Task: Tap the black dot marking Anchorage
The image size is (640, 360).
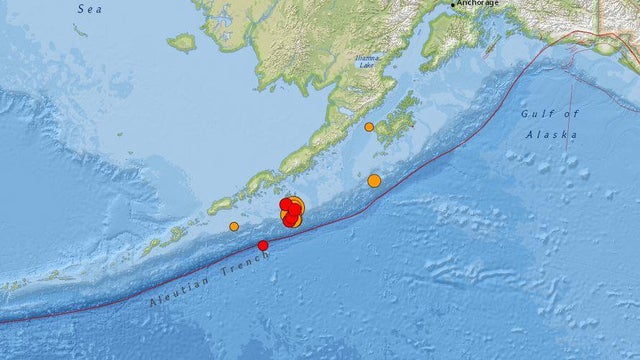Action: pyautogui.click(x=453, y=4)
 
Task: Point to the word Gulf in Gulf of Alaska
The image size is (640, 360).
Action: pyautogui.click(x=537, y=114)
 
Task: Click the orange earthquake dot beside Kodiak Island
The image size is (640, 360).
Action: pyautogui.click(x=369, y=127)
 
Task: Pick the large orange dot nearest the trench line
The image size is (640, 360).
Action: pyautogui.click(x=374, y=181)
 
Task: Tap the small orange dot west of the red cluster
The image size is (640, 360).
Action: pyautogui.click(x=234, y=226)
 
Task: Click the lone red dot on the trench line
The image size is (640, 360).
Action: pyautogui.click(x=263, y=245)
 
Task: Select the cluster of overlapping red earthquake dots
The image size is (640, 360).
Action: pyautogui.click(x=290, y=211)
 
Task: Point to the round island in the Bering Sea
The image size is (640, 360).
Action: pyautogui.click(x=182, y=43)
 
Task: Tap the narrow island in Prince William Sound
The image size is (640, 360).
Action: pyautogui.click(x=493, y=46)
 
